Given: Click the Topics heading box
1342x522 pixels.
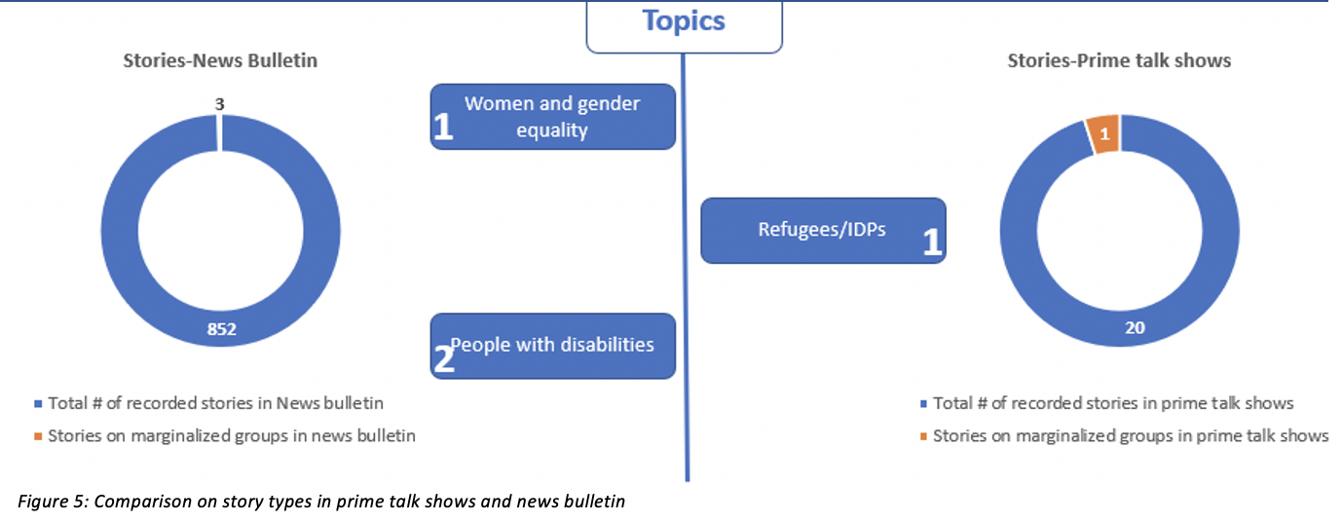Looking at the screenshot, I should click(x=684, y=22).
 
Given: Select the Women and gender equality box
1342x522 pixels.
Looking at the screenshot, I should click(x=552, y=117).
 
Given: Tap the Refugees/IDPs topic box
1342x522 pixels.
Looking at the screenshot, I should click(x=823, y=231).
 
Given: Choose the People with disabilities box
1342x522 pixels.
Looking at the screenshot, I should click(x=552, y=346).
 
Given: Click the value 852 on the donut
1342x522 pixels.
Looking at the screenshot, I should click(x=220, y=330).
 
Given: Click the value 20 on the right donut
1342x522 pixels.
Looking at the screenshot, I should click(x=1136, y=328).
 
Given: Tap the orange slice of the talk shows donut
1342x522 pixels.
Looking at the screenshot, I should click(x=1103, y=134).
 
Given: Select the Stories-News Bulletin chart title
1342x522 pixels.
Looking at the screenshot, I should click(x=220, y=60).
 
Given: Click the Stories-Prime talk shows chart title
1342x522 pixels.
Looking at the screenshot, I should click(x=1119, y=60).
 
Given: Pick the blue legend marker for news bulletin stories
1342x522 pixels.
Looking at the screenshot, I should click(x=39, y=403).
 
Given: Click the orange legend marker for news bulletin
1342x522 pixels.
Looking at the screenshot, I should click(x=39, y=436).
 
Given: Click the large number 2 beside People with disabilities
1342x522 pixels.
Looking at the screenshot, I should click(x=444, y=359).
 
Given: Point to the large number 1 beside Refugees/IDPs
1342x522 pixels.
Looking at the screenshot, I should click(x=932, y=242).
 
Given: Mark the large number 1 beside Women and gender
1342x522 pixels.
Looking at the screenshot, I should click(x=443, y=130).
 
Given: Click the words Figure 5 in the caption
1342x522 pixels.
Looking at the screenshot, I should click(x=49, y=501).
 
